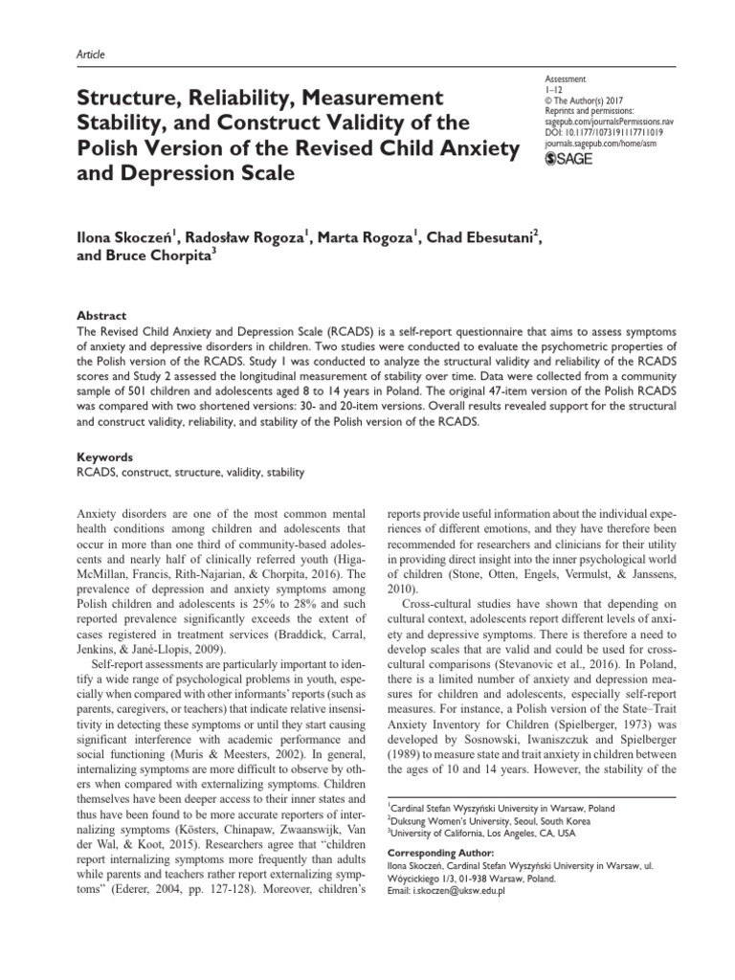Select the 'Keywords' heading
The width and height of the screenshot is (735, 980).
[103, 457]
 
